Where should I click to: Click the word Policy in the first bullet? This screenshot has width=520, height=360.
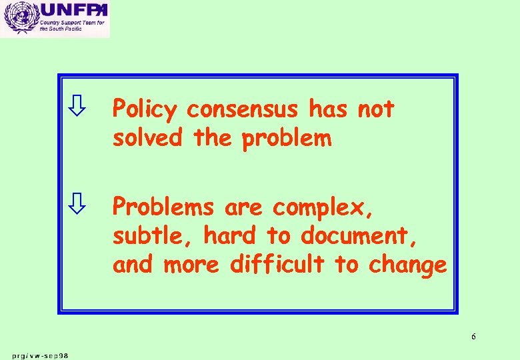point(145,109)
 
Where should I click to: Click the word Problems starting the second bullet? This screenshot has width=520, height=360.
point(163,207)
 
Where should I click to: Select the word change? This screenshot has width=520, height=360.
point(407,265)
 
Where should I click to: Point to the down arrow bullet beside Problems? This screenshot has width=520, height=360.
point(78,205)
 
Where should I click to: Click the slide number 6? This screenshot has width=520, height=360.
point(473,336)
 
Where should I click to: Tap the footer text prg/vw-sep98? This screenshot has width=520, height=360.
point(39,355)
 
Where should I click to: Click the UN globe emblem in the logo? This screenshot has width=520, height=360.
point(18,18)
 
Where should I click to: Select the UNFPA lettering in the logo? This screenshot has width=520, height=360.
point(72,11)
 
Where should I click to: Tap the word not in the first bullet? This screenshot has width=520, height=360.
point(376,109)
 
